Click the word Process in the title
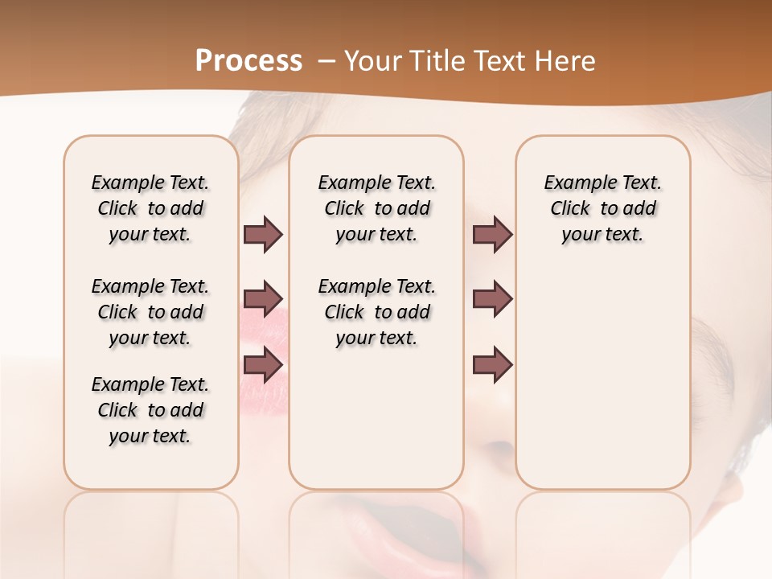[x=248, y=61]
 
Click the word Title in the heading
[x=433, y=61]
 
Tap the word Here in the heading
[x=566, y=61]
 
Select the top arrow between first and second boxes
[x=263, y=234]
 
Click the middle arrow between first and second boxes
[x=263, y=299]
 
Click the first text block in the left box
[x=150, y=208]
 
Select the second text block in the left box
[x=150, y=312]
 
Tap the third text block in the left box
[x=150, y=410]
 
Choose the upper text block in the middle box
[x=376, y=208]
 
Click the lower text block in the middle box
[x=376, y=312]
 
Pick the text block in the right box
[x=602, y=208]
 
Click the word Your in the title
[x=370, y=61]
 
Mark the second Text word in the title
[x=494, y=61]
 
